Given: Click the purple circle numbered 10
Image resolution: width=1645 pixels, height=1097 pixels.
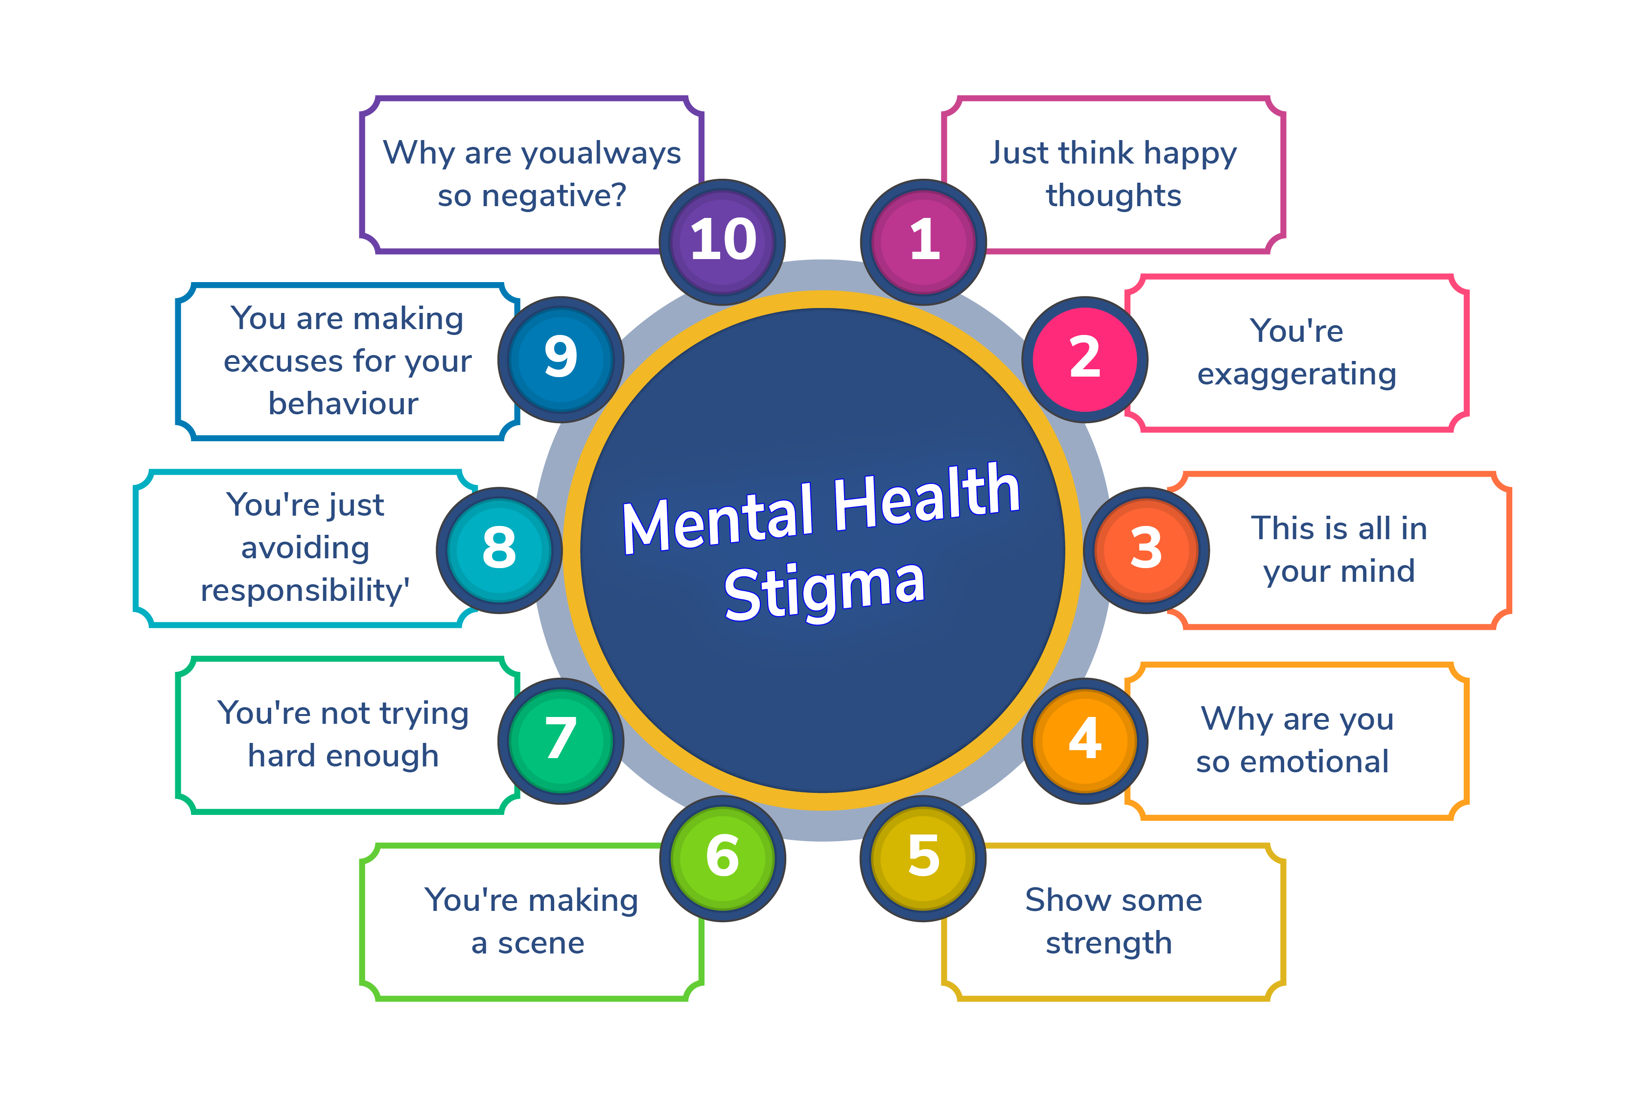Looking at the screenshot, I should (723, 242).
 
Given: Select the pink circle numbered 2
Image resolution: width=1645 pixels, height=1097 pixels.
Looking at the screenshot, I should (1085, 359).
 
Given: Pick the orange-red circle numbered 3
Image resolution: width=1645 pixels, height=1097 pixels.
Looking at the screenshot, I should (1146, 550).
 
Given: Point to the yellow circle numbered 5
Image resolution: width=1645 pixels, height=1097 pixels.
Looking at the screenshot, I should (923, 859).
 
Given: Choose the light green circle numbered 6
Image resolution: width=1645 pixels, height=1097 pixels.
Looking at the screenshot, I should (723, 859).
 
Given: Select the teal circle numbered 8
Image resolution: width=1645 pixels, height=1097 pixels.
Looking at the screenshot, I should (499, 550).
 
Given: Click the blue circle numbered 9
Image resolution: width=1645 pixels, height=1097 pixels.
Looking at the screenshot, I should (561, 359).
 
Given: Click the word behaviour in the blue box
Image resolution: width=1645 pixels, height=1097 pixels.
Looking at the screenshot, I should (343, 404).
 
